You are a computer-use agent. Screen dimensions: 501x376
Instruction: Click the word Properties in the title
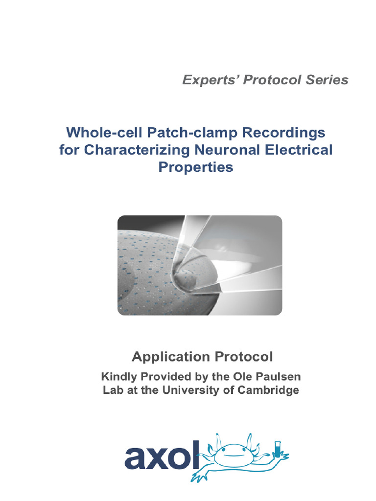click(x=196, y=167)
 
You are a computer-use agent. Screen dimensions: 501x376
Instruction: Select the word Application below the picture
click(x=166, y=357)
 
